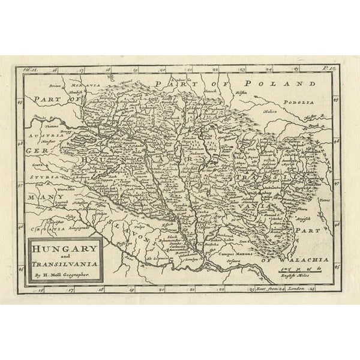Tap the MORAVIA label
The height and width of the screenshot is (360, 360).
[88, 86]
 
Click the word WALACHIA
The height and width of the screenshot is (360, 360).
[298, 259]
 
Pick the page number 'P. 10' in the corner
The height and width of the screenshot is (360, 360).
[329, 70]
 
